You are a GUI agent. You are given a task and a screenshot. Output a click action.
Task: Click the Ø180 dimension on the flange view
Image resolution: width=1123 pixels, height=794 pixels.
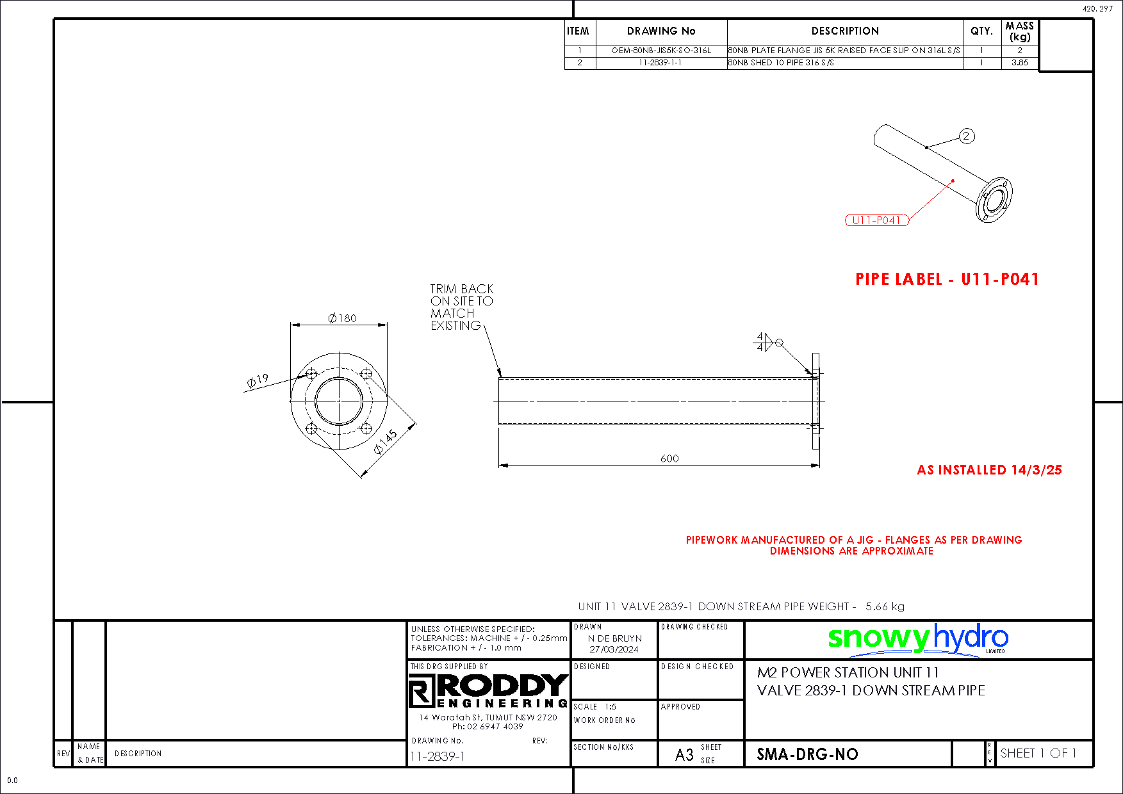tap(342, 318)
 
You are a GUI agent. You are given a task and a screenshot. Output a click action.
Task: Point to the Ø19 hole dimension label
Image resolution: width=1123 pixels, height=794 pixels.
tap(258, 381)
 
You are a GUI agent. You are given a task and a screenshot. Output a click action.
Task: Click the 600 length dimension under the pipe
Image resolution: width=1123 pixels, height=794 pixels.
tap(669, 458)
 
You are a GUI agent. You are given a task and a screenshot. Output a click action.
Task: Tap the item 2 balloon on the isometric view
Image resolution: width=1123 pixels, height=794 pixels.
tap(967, 136)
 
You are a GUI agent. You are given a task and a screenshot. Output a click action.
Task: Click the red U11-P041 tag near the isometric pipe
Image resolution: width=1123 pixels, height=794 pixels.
tap(876, 220)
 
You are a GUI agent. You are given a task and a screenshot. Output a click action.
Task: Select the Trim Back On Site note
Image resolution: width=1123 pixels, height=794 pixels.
tap(462, 307)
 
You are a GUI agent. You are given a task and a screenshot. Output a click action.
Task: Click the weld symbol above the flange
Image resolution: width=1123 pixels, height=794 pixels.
tap(768, 342)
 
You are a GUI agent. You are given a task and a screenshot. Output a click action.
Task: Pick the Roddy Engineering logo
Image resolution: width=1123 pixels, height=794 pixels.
tap(488, 691)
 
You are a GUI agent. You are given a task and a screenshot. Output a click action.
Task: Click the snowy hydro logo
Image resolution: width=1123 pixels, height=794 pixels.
tap(918, 639)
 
